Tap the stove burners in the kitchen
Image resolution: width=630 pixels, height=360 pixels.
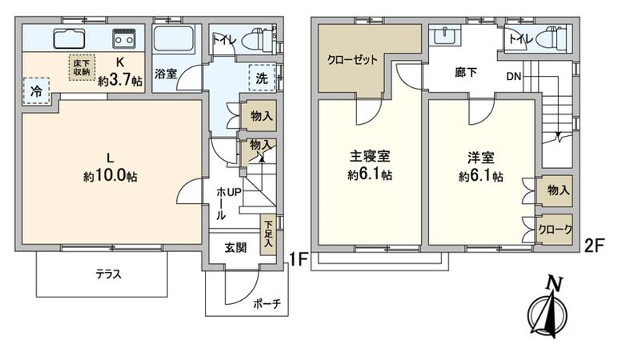tap(124, 37)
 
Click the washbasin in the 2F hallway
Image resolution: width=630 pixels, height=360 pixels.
tap(442, 35)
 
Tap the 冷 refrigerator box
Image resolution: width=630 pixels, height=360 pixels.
tap(36, 90)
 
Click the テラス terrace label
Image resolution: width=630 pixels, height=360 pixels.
tap(108, 274)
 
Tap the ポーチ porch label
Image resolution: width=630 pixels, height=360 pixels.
tap(264, 304)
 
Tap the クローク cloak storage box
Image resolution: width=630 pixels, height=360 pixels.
tap(555, 230)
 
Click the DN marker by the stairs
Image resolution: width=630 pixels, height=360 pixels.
tap(515, 77)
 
